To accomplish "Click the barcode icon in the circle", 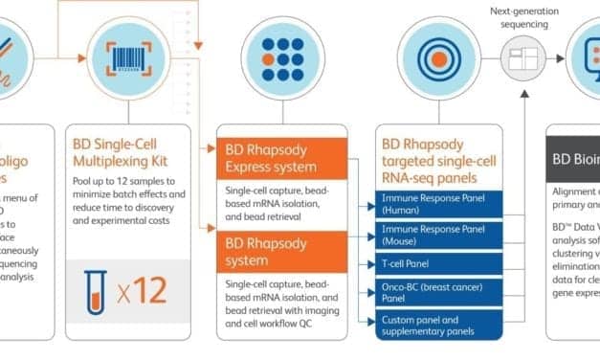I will click(125, 56).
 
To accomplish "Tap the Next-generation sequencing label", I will click(522, 17).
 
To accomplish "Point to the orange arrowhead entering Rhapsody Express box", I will click(212, 148).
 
